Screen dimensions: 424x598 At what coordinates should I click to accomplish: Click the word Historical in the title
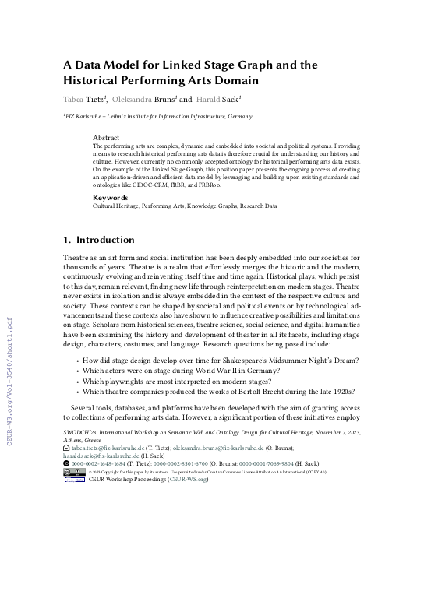pyautogui.click(x=101, y=79)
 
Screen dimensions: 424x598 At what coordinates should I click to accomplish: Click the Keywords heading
pyautogui.click(x=110, y=198)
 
